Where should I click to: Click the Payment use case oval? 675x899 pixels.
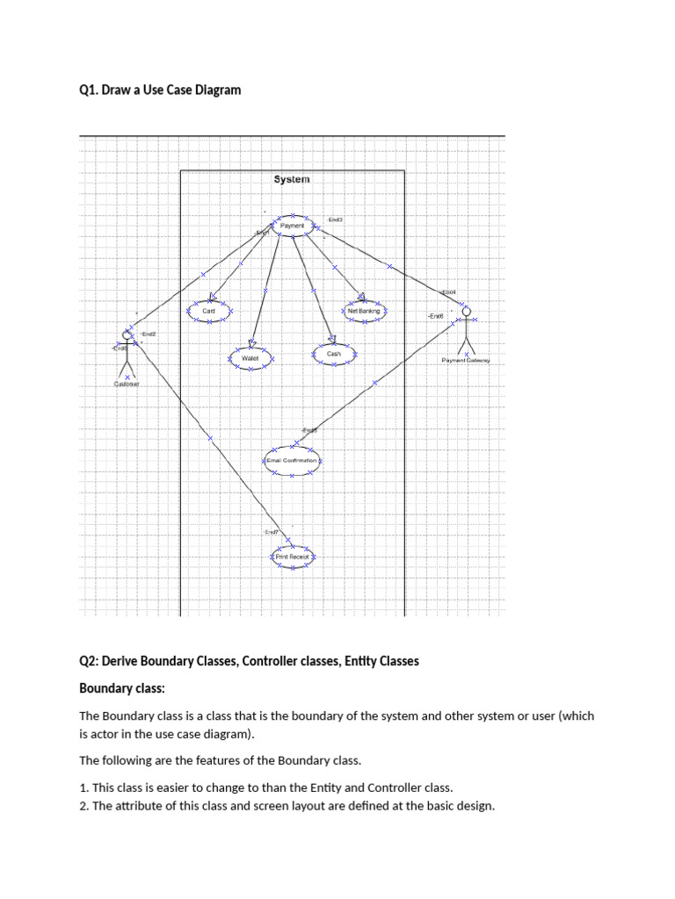[x=293, y=226]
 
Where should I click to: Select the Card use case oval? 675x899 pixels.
[x=209, y=311]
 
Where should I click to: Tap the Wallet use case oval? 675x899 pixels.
[x=250, y=358]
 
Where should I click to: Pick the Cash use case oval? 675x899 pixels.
[x=333, y=354]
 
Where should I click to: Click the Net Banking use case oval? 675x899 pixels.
[x=363, y=311]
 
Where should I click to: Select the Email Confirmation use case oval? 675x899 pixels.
[x=293, y=460]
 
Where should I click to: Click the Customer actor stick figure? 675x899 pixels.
[x=127, y=351]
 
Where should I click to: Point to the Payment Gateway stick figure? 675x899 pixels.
[x=466, y=328]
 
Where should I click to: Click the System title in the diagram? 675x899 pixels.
[x=291, y=179]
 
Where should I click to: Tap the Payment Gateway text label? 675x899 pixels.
[x=466, y=360]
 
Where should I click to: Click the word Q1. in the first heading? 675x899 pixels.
[x=89, y=90]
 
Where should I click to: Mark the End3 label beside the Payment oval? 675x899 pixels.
[x=335, y=219]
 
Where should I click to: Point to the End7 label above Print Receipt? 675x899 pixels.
[x=272, y=532]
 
